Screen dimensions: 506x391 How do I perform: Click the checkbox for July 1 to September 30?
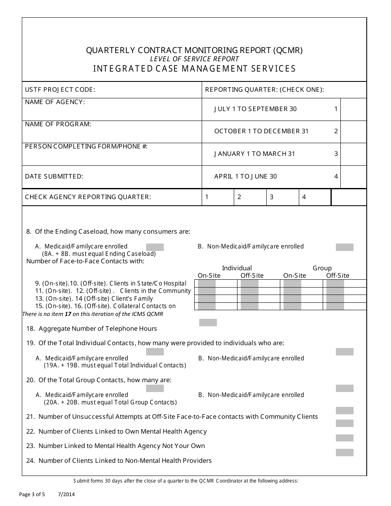pos(353,109)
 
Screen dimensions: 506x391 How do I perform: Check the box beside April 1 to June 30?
pos(353,177)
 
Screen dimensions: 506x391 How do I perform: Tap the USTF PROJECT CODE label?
pos(60,90)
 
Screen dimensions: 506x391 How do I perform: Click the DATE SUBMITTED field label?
pos(54,176)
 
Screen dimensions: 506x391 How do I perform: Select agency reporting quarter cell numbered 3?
pos(283,197)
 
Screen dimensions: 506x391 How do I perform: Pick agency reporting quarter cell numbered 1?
pos(218,197)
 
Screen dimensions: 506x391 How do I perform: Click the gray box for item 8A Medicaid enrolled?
pos(155,247)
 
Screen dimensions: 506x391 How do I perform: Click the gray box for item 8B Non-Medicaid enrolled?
pos(344,247)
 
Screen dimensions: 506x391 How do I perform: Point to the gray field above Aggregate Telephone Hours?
pos(208,323)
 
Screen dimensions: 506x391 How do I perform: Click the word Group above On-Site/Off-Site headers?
pos(322,268)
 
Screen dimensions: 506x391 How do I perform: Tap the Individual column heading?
pos(237,268)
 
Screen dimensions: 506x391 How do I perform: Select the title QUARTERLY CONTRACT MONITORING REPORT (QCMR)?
pos(194,50)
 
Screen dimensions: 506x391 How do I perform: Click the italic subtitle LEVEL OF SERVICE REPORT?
pos(194,59)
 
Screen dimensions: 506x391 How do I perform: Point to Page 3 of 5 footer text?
pos(32,494)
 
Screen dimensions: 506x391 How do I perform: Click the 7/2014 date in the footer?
pos(66,494)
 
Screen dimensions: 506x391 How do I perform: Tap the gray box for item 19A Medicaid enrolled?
pos(155,352)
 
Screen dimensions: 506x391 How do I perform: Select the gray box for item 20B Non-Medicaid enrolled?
pos(344,388)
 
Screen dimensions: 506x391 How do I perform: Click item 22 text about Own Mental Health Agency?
pos(122,432)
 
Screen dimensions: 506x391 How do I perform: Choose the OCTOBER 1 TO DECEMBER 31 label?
pos(261,131)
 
